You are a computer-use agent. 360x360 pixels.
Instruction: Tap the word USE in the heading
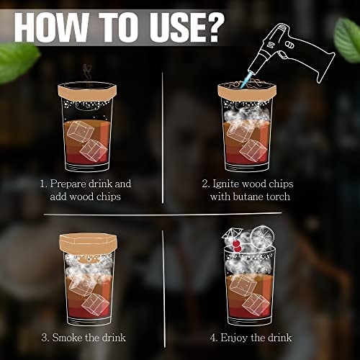click(171, 27)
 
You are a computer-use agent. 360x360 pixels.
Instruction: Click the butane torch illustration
click(292, 52)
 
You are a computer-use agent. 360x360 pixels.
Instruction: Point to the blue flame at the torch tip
click(246, 81)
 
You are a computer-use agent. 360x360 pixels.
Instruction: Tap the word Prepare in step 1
click(68, 184)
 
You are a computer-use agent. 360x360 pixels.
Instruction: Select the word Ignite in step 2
click(226, 184)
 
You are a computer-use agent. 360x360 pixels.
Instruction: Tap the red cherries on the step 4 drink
click(237, 246)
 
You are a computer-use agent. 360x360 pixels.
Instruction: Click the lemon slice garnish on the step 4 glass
click(262, 237)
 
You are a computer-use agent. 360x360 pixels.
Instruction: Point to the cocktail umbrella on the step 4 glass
click(230, 233)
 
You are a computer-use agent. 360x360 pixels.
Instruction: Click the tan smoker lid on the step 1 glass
click(87, 91)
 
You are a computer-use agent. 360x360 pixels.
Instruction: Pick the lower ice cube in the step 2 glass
click(253, 150)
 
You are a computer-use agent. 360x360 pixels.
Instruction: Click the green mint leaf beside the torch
click(348, 40)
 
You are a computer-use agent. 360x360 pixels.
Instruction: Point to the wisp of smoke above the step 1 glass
click(86, 72)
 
